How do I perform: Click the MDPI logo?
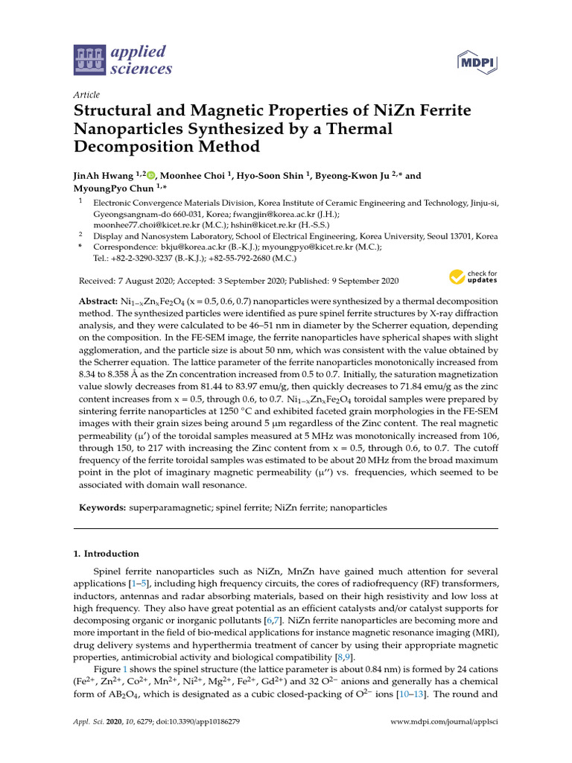(477, 62)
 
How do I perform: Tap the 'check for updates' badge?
(473, 278)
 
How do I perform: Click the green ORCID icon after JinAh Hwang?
(152, 177)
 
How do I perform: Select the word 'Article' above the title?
(88, 95)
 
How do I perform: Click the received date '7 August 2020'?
(148, 281)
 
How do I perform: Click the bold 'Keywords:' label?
(101, 507)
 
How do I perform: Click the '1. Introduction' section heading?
(106, 554)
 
